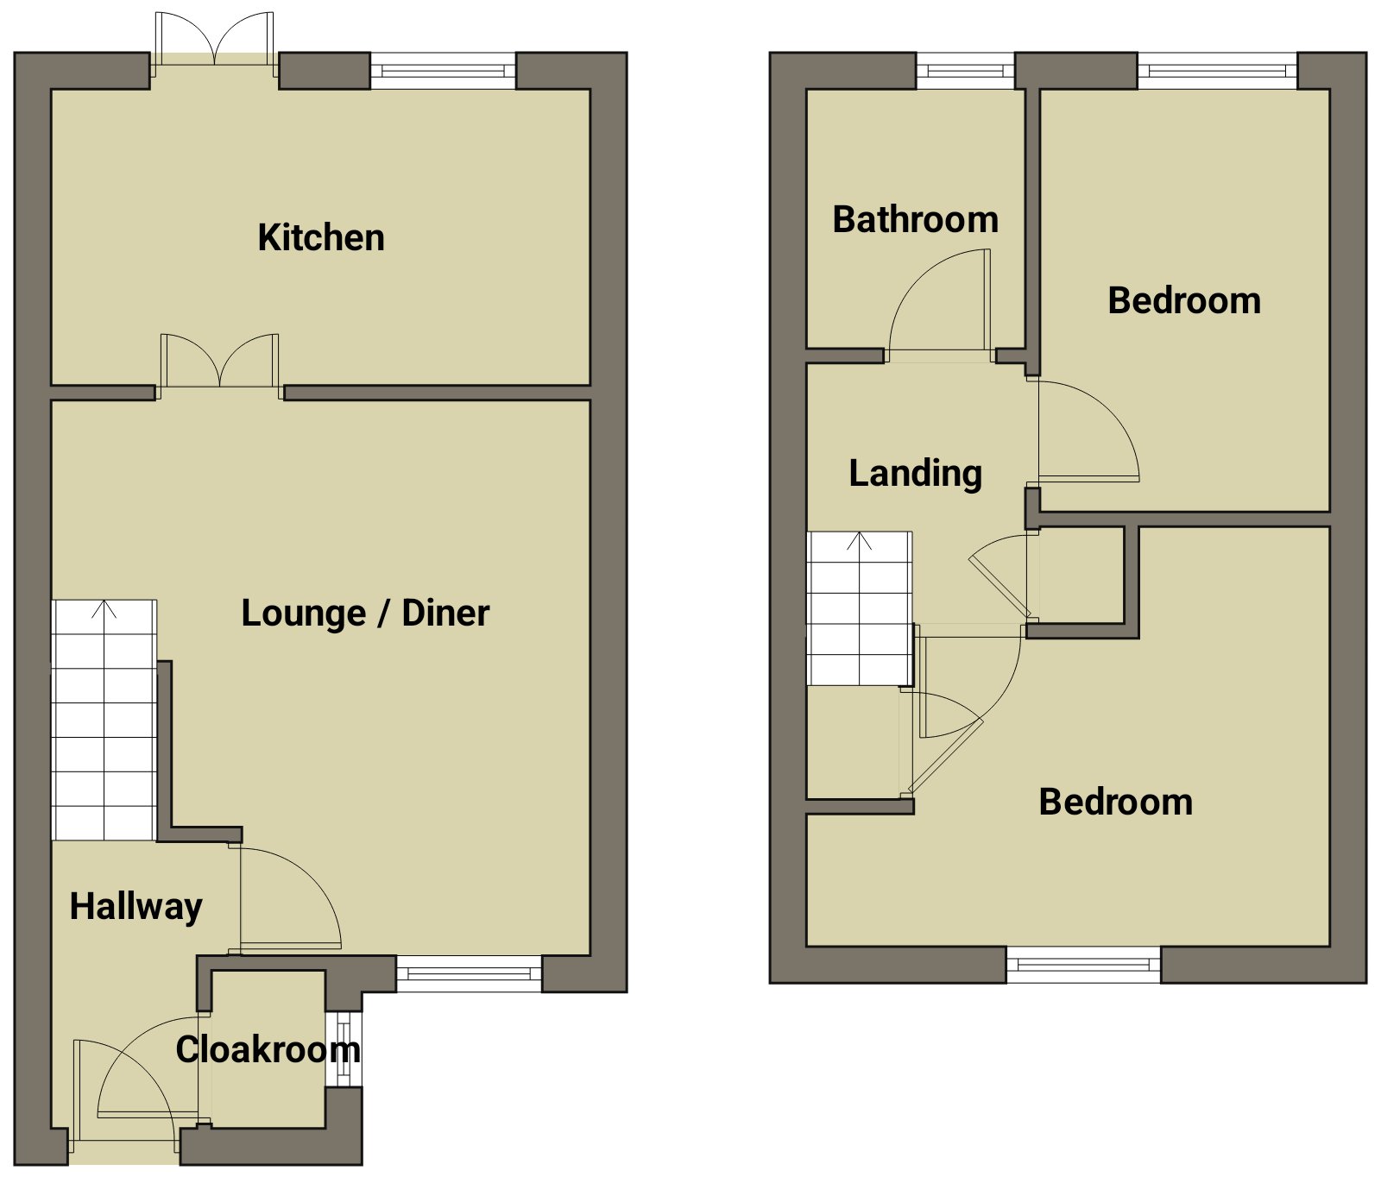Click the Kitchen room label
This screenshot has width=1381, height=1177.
click(x=321, y=237)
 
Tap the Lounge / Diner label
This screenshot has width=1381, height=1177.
click(x=365, y=614)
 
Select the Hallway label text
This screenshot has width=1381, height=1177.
click(x=136, y=908)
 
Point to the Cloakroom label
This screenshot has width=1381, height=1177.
click(x=268, y=1049)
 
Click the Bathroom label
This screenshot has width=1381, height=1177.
click(x=916, y=219)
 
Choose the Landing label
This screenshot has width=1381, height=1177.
click(x=916, y=474)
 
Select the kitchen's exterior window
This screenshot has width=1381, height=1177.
click(x=443, y=72)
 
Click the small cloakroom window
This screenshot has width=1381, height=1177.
click(x=344, y=1048)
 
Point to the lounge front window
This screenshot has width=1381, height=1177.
click(x=469, y=973)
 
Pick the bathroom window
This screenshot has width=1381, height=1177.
click(x=965, y=72)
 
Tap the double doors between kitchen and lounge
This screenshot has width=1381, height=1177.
click(x=220, y=367)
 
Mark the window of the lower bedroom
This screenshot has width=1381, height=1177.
click(x=1083, y=965)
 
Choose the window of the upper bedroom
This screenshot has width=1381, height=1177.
click(x=1218, y=72)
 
